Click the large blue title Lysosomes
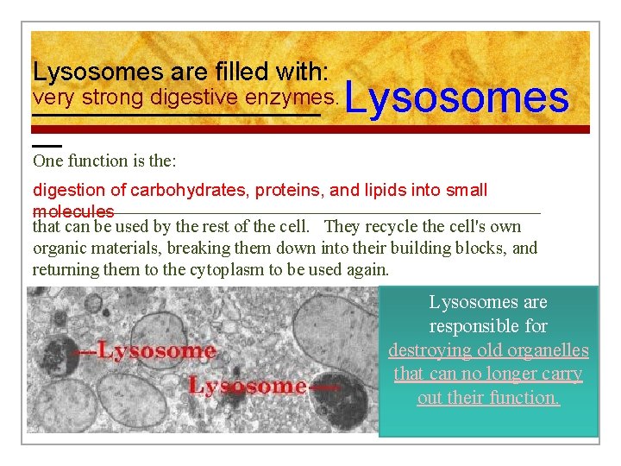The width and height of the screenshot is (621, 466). pyautogui.click(x=457, y=98)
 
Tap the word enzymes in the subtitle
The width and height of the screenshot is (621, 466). pyautogui.click(x=292, y=97)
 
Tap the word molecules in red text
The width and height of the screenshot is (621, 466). pyautogui.click(x=73, y=211)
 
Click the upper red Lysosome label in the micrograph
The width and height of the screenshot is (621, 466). pyautogui.click(x=155, y=350)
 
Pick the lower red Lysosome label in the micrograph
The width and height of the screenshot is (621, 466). pyautogui.click(x=248, y=386)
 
